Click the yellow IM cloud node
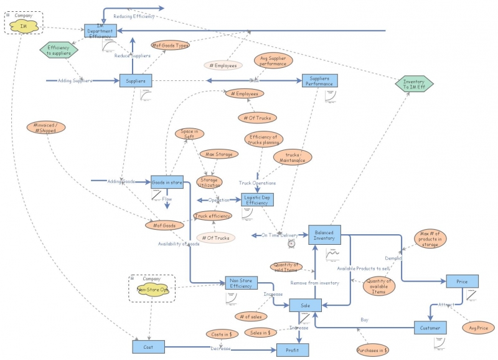click(24, 26)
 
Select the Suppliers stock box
click(136, 81)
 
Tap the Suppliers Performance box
click(319, 81)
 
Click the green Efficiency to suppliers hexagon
click(59, 50)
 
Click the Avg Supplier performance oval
click(273, 61)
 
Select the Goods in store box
click(167, 182)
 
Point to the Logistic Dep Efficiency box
click(256, 199)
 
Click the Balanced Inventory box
click(324, 234)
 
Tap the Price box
click(462, 282)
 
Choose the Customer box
click(430, 328)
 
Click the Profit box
click(293, 350)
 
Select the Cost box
click(148, 347)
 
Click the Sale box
click(305, 305)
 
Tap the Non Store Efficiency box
click(241, 283)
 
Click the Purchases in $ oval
click(373, 351)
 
